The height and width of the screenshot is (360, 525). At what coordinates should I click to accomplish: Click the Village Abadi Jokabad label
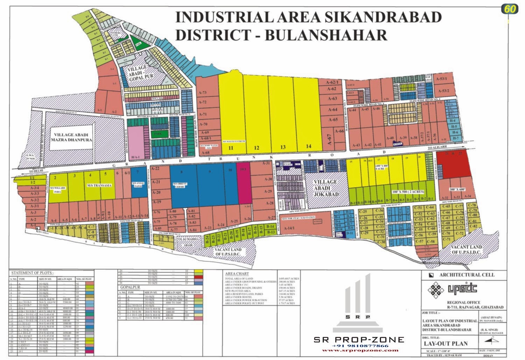[x=325, y=188]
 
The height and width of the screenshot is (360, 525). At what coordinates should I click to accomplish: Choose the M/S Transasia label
[x=100, y=185]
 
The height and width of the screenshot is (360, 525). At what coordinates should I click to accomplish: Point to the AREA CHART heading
[x=237, y=274]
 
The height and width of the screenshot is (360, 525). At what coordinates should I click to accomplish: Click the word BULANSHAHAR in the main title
[x=325, y=35]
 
